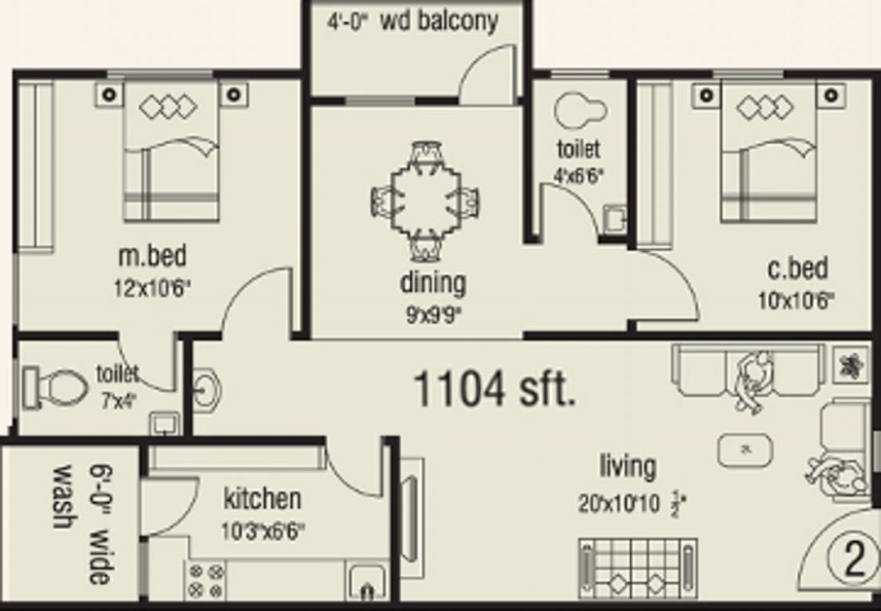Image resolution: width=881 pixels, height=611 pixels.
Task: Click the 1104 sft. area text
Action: click(495, 389)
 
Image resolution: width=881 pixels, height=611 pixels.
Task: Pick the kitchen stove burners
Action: click(204, 580)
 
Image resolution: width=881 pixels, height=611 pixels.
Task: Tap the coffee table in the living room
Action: click(746, 449)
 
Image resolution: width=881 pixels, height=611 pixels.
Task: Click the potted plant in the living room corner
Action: click(850, 364)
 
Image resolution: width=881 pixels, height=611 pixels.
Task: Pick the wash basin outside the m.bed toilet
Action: click(207, 389)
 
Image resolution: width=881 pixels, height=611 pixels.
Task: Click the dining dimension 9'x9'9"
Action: click(432, 313)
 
